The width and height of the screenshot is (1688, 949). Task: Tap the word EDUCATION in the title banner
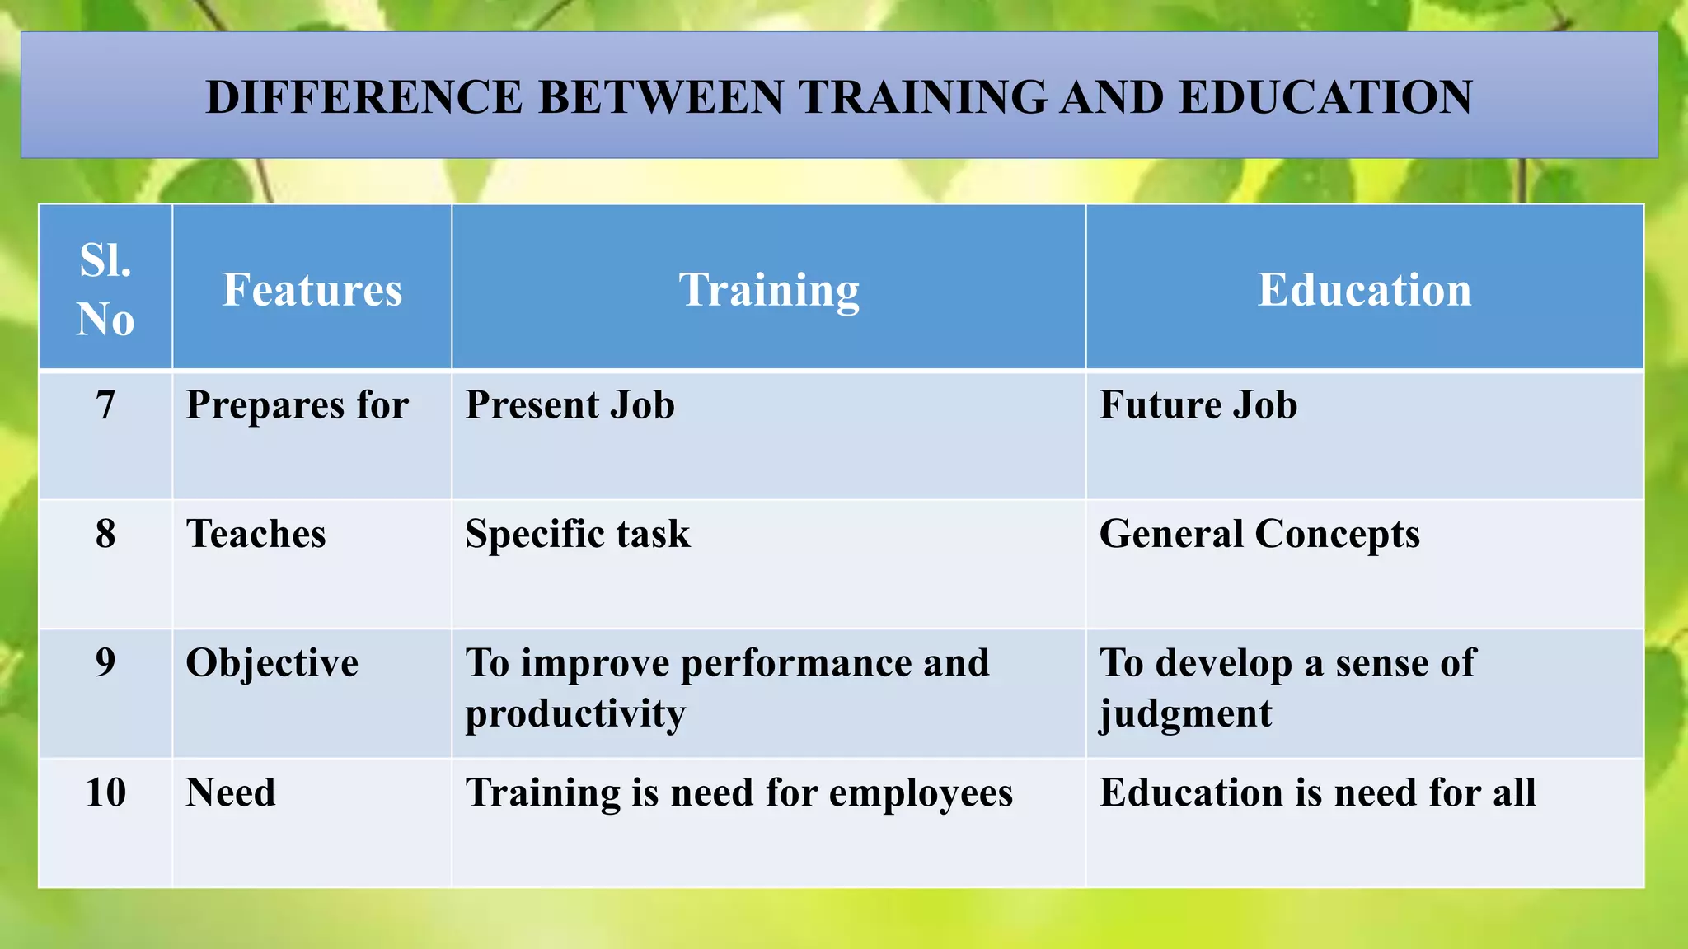[x=1325, y=97]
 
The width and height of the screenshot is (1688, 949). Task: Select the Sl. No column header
[x=105, y=289]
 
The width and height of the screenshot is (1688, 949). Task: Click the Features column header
[x=312, y=290]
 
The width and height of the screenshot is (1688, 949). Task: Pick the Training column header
[x=768, y=290]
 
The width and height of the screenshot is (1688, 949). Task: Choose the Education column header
[x=1364, y=290]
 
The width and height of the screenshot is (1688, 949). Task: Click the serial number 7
[x=105, y=405]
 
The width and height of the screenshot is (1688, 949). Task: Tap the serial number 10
[x=105, y=792]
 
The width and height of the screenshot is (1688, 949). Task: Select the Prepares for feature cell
[x=297, y=405]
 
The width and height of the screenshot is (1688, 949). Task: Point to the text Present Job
[x=570, y=405]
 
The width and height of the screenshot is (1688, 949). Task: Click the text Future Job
[x=1198, y=405]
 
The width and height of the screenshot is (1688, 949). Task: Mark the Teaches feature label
[x=256, y=534]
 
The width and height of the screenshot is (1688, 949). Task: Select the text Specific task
[x=577, y=534]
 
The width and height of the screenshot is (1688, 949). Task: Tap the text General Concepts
[x=1259, y=534]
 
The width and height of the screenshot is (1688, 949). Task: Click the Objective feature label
[x=272, y=663]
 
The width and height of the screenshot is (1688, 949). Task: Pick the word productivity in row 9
[x=574, y=713]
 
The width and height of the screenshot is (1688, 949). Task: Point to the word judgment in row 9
[x=1185, y=713]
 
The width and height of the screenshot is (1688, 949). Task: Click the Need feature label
[x=231, y=792]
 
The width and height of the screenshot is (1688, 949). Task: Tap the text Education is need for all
[x=1317, y=792]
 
